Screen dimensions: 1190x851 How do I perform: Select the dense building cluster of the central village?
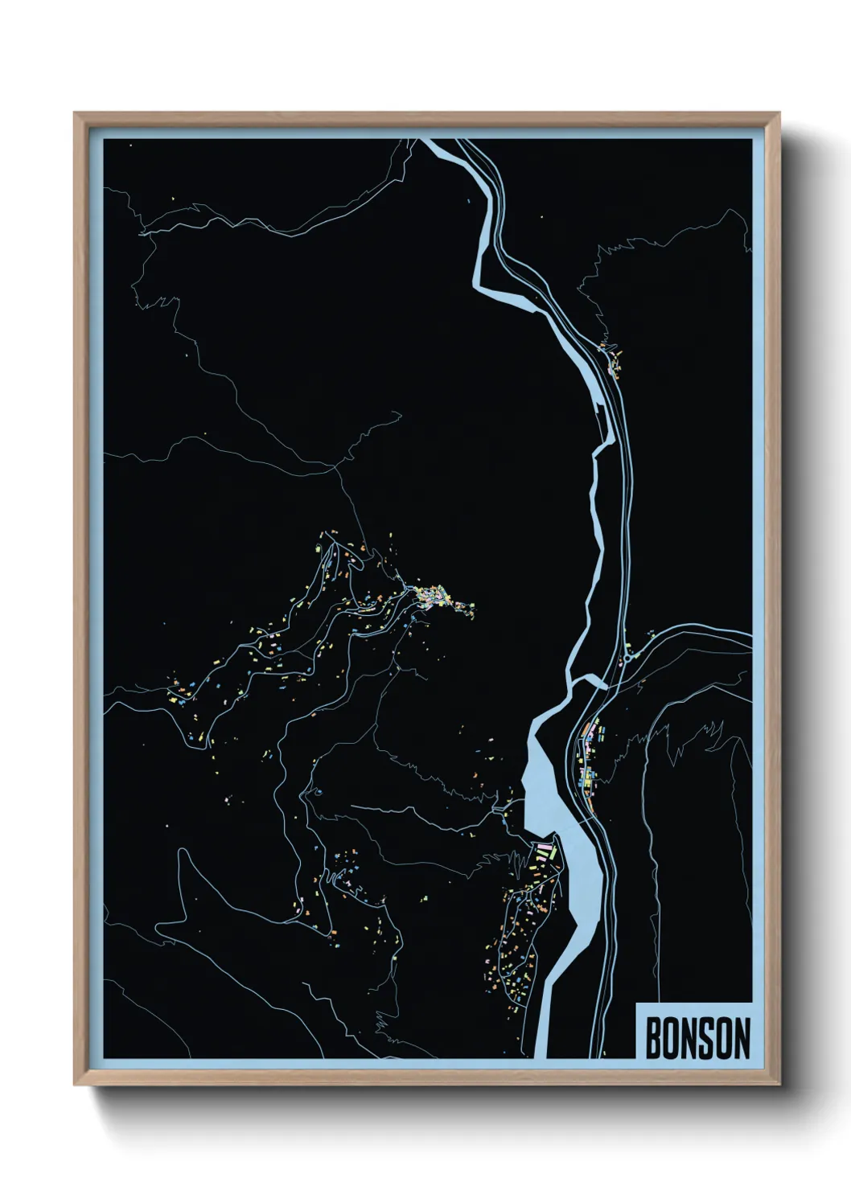438,596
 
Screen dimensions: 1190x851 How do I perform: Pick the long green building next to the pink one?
541,860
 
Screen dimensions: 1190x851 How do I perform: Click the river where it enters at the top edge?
432,144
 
